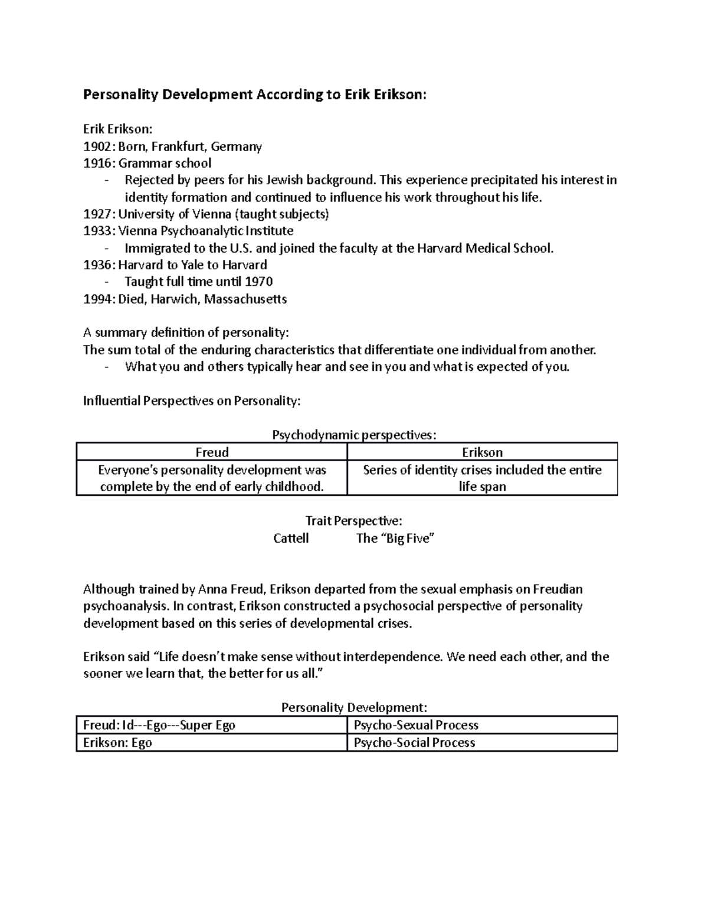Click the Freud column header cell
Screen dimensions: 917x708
tap(212, 452)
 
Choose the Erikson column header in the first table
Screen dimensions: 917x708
tap(482, 452)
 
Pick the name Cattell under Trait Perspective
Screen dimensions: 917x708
tap(291, 538)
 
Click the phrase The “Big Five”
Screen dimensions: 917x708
tap(395, 538)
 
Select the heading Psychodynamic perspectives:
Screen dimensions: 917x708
tap(354, 435)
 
